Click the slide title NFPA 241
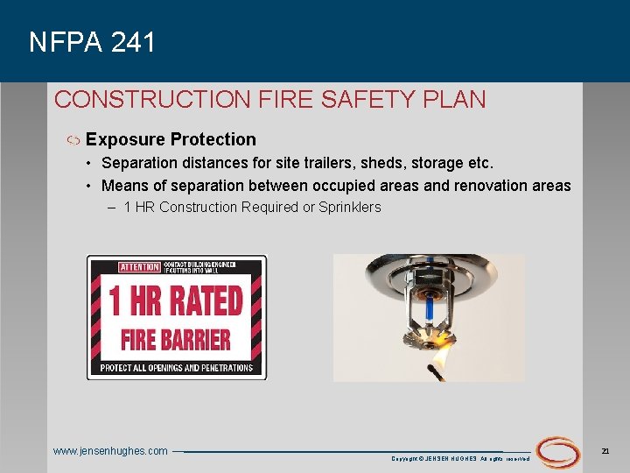point(92,42)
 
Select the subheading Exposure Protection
point(171,139)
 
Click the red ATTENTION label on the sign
point(140,267)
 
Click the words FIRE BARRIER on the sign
point(176,340)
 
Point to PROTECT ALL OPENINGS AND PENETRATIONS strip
point(176,368)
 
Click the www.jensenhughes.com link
point(110,451)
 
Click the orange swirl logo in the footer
point(557,452)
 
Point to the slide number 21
point(605,450)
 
